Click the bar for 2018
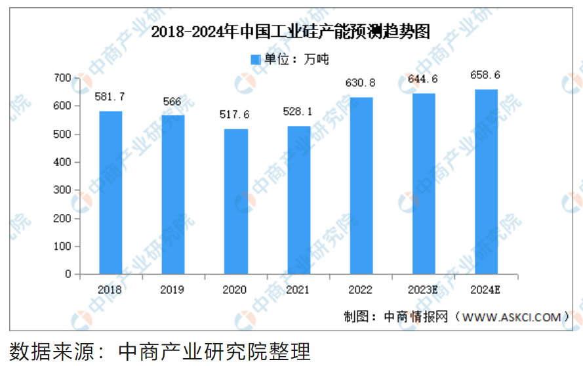[111, 192]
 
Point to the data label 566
[172, 102]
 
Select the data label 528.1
[298, 112]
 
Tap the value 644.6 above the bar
[422, 79]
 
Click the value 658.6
[486, 75]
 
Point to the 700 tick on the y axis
[62, 78]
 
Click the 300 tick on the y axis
[62, 190]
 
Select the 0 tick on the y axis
[68, 274]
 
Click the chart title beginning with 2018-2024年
[291, 32]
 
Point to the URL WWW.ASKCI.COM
[512, 317]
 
